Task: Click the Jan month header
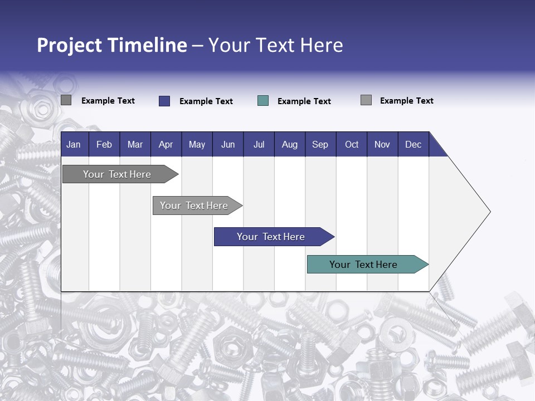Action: click(x=74, y=145)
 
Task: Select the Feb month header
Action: click(x=104, y=145)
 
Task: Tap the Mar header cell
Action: click(x=135, y=145)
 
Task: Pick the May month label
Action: click(x=197, y=145)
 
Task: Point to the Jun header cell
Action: click(x=228, y=145)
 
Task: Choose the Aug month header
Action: click(x=290, y=145)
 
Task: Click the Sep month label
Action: click(x=320, y=145)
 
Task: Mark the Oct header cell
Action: click(x=352, y=145)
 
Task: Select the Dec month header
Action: click(x=414, y=145)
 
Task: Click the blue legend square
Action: click(x=164, y=101)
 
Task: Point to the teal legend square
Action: click(x=263, y=101)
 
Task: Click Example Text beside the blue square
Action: click(x=206, y=101)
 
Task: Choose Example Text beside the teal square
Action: click(x=304, y=101)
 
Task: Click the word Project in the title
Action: click(x=70, y=45)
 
